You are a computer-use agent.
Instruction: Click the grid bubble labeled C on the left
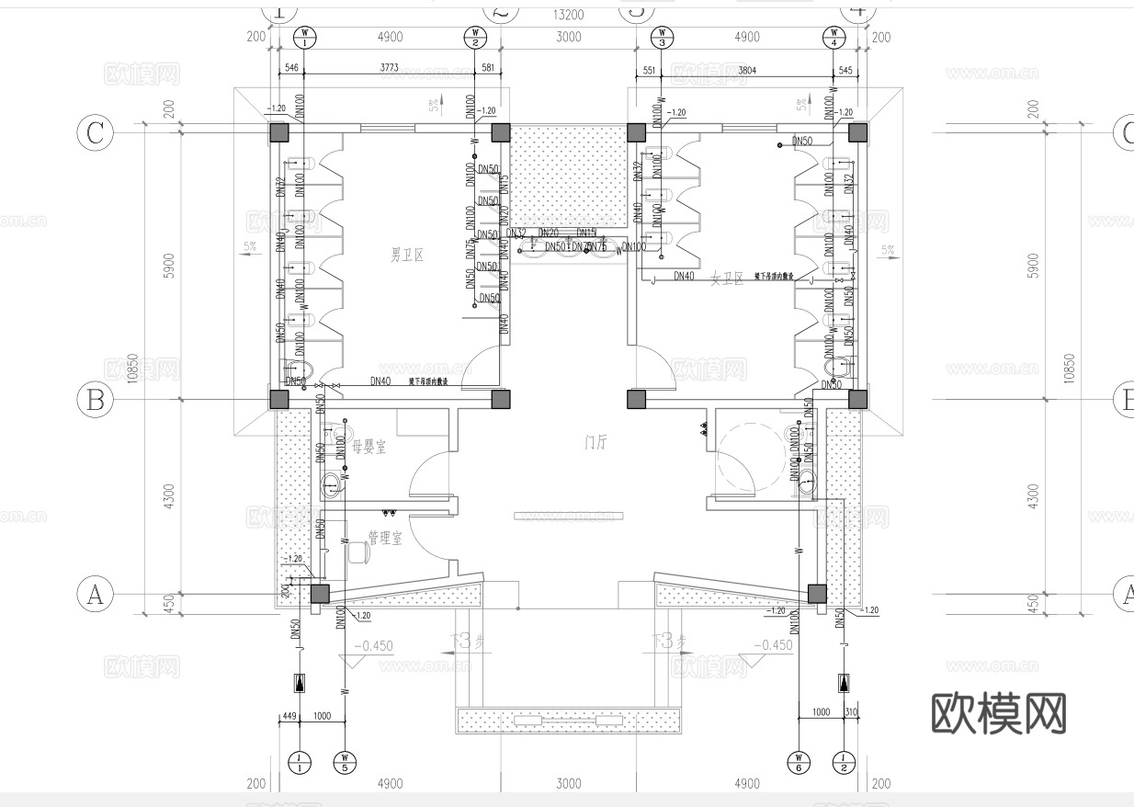coord(94,133)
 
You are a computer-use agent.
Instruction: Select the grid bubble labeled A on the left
coord(94,595)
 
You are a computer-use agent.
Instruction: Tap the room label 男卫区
coord(406,256)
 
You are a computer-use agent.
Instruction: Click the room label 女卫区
coord(727,279)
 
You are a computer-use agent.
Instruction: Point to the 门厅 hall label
coord(597,441)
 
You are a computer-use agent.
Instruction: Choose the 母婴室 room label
coord(369,447)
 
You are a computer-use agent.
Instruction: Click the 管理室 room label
coord(385,538)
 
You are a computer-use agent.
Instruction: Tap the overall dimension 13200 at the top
coord(567,15)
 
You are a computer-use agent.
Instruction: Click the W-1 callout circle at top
coord(304,39)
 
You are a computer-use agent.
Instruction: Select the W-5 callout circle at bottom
coord(346,762)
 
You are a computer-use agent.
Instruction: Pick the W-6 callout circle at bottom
coord(799,762)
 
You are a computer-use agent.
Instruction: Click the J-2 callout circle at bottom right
coord(844,762)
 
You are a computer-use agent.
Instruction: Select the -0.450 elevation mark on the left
coord(375,645)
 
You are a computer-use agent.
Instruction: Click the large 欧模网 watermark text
coord(999,712)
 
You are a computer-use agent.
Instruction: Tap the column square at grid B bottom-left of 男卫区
coord(278,399)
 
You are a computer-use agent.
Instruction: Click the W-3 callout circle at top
coord(663,39)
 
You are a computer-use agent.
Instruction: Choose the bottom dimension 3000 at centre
coord(569,784)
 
